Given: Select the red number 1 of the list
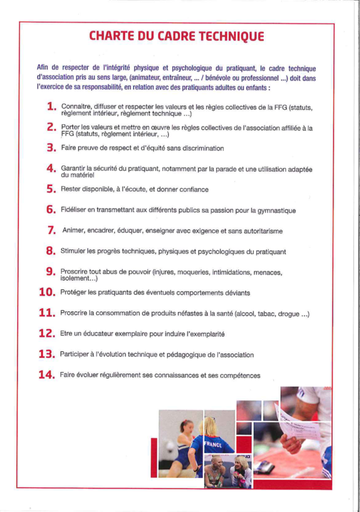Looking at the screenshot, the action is pyautogui.click(x=51, y=107).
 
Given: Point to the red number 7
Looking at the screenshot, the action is pyautogui.click(x=51, y=230).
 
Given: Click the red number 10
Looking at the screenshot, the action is pyautogui.click(x=47, y=292).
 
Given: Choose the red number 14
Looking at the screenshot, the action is pyautogui.click(x=47, y=375).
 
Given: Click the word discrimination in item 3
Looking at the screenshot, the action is pyautogui.click(x=203, y=148).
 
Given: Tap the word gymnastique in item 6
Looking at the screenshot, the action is pyautogui.click(x=277, y=211).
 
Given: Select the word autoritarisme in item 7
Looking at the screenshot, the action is pyautogui.click(x=263, y=231).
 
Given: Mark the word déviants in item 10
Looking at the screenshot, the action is pyautogui.click(x=237, y=293).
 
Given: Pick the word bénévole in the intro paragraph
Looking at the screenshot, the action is pyautogui.click(x=218, y=79).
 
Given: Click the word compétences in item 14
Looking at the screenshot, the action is pyautogui.click(x=240, y=376).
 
